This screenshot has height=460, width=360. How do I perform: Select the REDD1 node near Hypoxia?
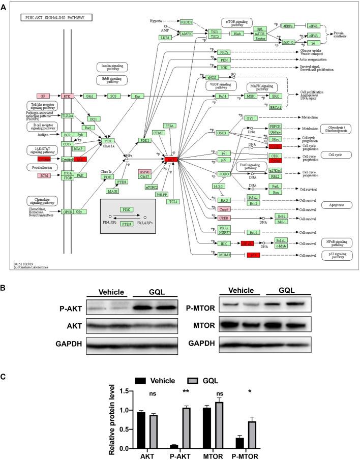[x=187, y=22]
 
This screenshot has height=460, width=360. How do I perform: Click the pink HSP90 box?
[x=145, y=171]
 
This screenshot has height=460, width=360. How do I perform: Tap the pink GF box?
[x=43, y=96]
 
